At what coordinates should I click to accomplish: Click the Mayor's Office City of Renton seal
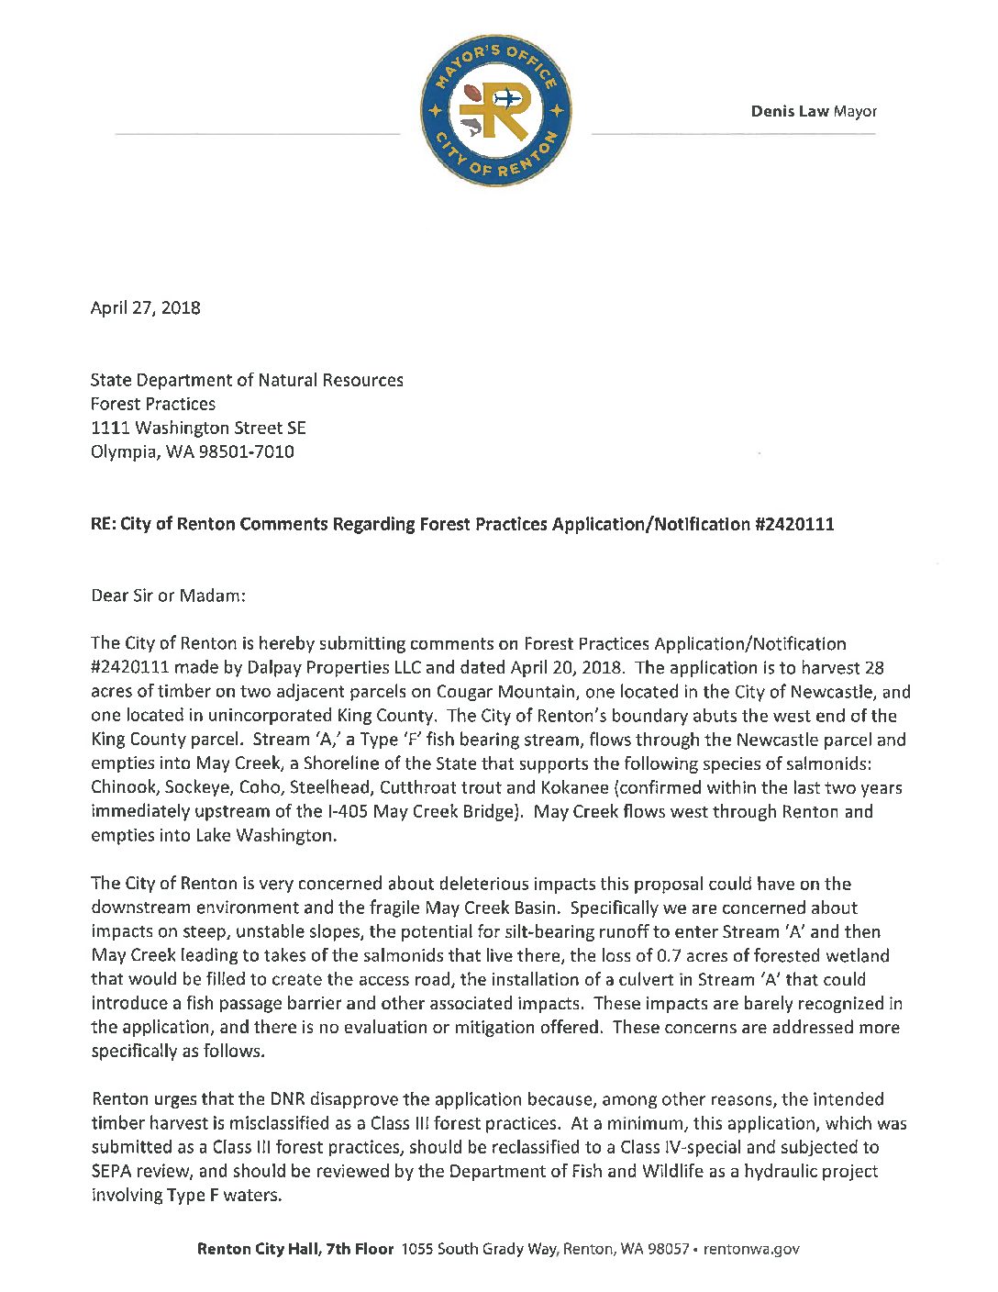coord(496,112)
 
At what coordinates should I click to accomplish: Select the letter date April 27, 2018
coord(145,308)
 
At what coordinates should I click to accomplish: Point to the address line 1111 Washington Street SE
coord(198,428)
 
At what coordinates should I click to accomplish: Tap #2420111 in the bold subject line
coord(794,525)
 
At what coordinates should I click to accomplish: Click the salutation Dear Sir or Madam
coord(169,596)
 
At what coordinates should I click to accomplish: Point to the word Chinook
coord(124,787)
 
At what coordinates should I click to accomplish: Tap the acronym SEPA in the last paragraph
coord(111,1171)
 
